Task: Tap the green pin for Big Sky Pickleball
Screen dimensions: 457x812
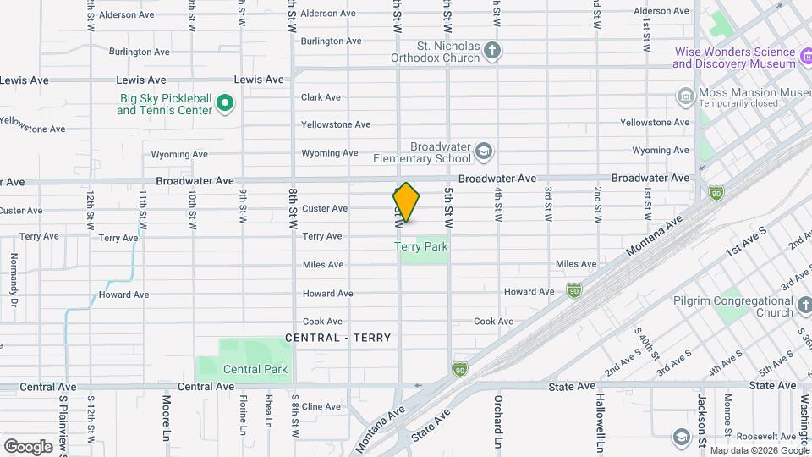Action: (224, 104)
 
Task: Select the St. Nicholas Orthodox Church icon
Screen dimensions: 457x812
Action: (492, 52)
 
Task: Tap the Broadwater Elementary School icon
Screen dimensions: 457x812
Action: (484, 152)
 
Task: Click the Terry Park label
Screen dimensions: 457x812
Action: (420, 246)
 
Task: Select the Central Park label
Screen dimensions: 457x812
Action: (255, 369)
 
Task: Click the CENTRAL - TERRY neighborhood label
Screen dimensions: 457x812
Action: (338, 338)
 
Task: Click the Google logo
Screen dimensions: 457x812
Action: (28, 446)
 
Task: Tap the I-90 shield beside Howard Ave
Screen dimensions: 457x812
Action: (573, 290)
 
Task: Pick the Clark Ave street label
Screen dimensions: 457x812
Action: (321, 97)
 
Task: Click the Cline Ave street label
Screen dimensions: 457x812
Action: (321, 406)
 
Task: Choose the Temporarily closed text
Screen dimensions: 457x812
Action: (738, 103)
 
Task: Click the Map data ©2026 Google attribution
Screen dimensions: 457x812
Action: (759, 450)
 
